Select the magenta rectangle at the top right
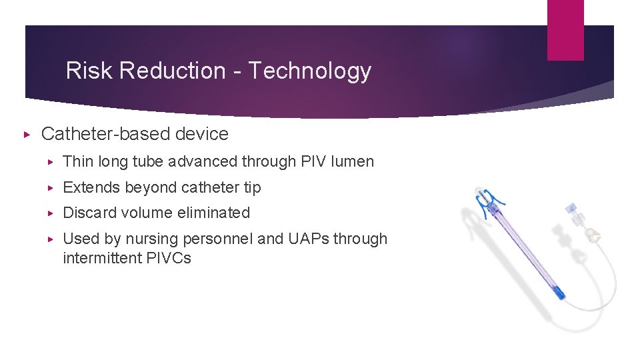[565, 30]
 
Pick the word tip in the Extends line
[252, 188]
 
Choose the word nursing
[155, 239]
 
